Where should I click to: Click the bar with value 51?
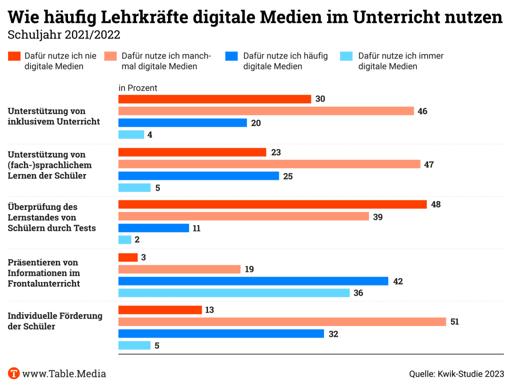point(282,321)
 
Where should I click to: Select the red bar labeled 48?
point(272,204)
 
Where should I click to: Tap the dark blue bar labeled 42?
point(253,281)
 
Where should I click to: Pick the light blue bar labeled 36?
point(234,293)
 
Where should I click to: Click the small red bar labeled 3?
point(128,257)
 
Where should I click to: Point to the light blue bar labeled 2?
point(124,239)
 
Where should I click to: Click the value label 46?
point(422,111)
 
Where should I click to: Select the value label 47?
point(429,164)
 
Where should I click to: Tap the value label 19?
point(249,269)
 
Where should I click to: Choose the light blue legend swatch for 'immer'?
point(346,56)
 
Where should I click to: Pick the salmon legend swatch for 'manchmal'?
point(111,56)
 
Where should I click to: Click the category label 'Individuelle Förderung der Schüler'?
point(55,321)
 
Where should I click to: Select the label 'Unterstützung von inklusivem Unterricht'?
point(53,116)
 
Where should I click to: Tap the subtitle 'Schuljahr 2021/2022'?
point(64,35)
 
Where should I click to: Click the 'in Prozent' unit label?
point(138,88)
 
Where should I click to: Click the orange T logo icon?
point(14,373)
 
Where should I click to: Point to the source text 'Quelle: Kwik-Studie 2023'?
point(456,373)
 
